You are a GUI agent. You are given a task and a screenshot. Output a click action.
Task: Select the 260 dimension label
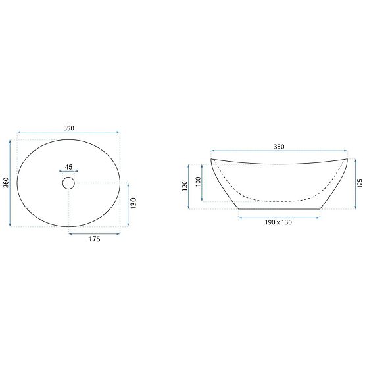(x=6, y=183)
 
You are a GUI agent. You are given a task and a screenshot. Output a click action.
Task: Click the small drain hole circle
(x=68, y=183)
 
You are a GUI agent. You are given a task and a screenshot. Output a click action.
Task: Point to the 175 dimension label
(x=93, y=239)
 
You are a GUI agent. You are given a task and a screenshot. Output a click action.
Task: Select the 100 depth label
(x=198, y=181)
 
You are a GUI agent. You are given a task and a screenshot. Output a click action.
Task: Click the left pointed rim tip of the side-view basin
(x=211, y=159)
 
